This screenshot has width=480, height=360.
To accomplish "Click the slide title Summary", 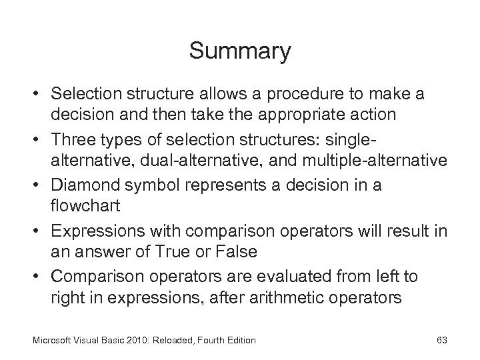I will point(240,51).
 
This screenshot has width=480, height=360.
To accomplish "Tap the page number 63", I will point(441,341).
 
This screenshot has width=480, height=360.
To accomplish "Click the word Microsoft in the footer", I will point(51,341).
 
